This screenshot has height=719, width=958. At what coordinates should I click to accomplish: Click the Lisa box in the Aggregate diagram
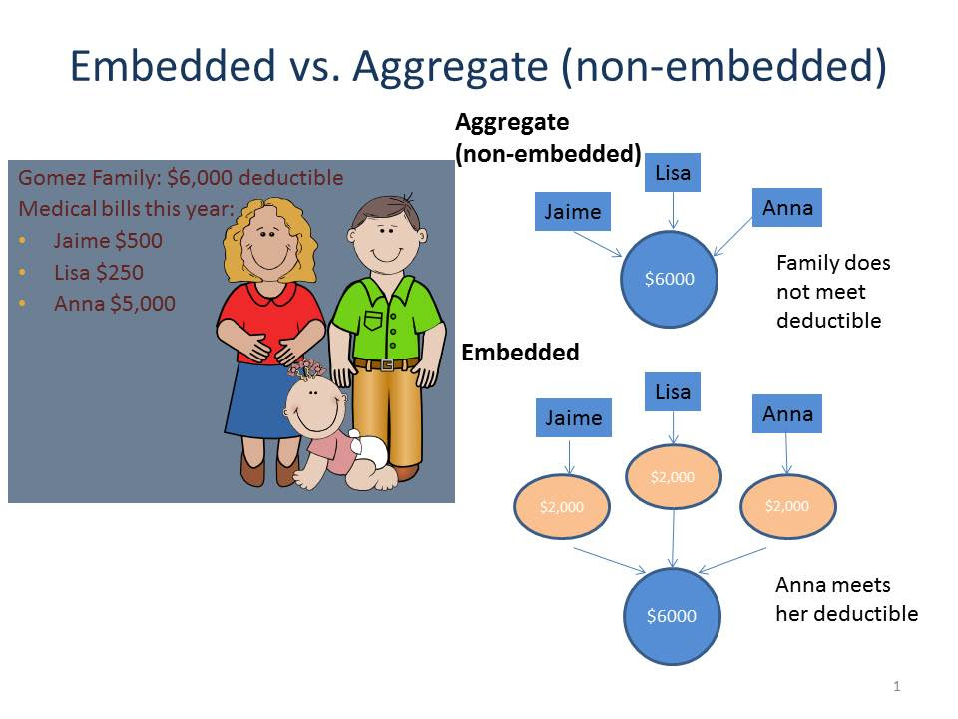[673, 173]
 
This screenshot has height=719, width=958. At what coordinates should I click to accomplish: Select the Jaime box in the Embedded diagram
[573, 418]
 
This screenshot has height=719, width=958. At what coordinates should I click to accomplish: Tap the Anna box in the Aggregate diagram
[787, 208]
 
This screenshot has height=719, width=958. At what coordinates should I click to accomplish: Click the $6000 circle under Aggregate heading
[670, 279]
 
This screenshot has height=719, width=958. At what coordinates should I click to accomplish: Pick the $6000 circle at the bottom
[672, 616]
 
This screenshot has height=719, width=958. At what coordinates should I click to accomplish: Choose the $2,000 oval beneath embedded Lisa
[673, 477]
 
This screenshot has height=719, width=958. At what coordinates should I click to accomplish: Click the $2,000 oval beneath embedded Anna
[787, 506]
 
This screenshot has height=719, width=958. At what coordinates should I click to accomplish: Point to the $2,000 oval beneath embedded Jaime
[562, 507]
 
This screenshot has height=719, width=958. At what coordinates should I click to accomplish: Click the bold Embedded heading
[520, 353]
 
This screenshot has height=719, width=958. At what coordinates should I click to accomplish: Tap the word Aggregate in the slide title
[450, 66]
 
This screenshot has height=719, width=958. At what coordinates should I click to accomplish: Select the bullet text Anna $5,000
[115, 304]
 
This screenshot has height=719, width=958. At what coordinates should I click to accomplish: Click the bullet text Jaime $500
[108, 241]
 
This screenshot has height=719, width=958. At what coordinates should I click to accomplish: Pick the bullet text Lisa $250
[99, 272]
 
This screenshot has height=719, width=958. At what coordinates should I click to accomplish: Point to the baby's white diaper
[368, 449]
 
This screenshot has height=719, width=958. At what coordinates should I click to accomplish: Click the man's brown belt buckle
[387, 365]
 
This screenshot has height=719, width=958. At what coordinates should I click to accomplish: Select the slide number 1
[897, 686]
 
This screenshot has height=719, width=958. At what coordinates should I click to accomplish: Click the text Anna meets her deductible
[847, 599]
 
